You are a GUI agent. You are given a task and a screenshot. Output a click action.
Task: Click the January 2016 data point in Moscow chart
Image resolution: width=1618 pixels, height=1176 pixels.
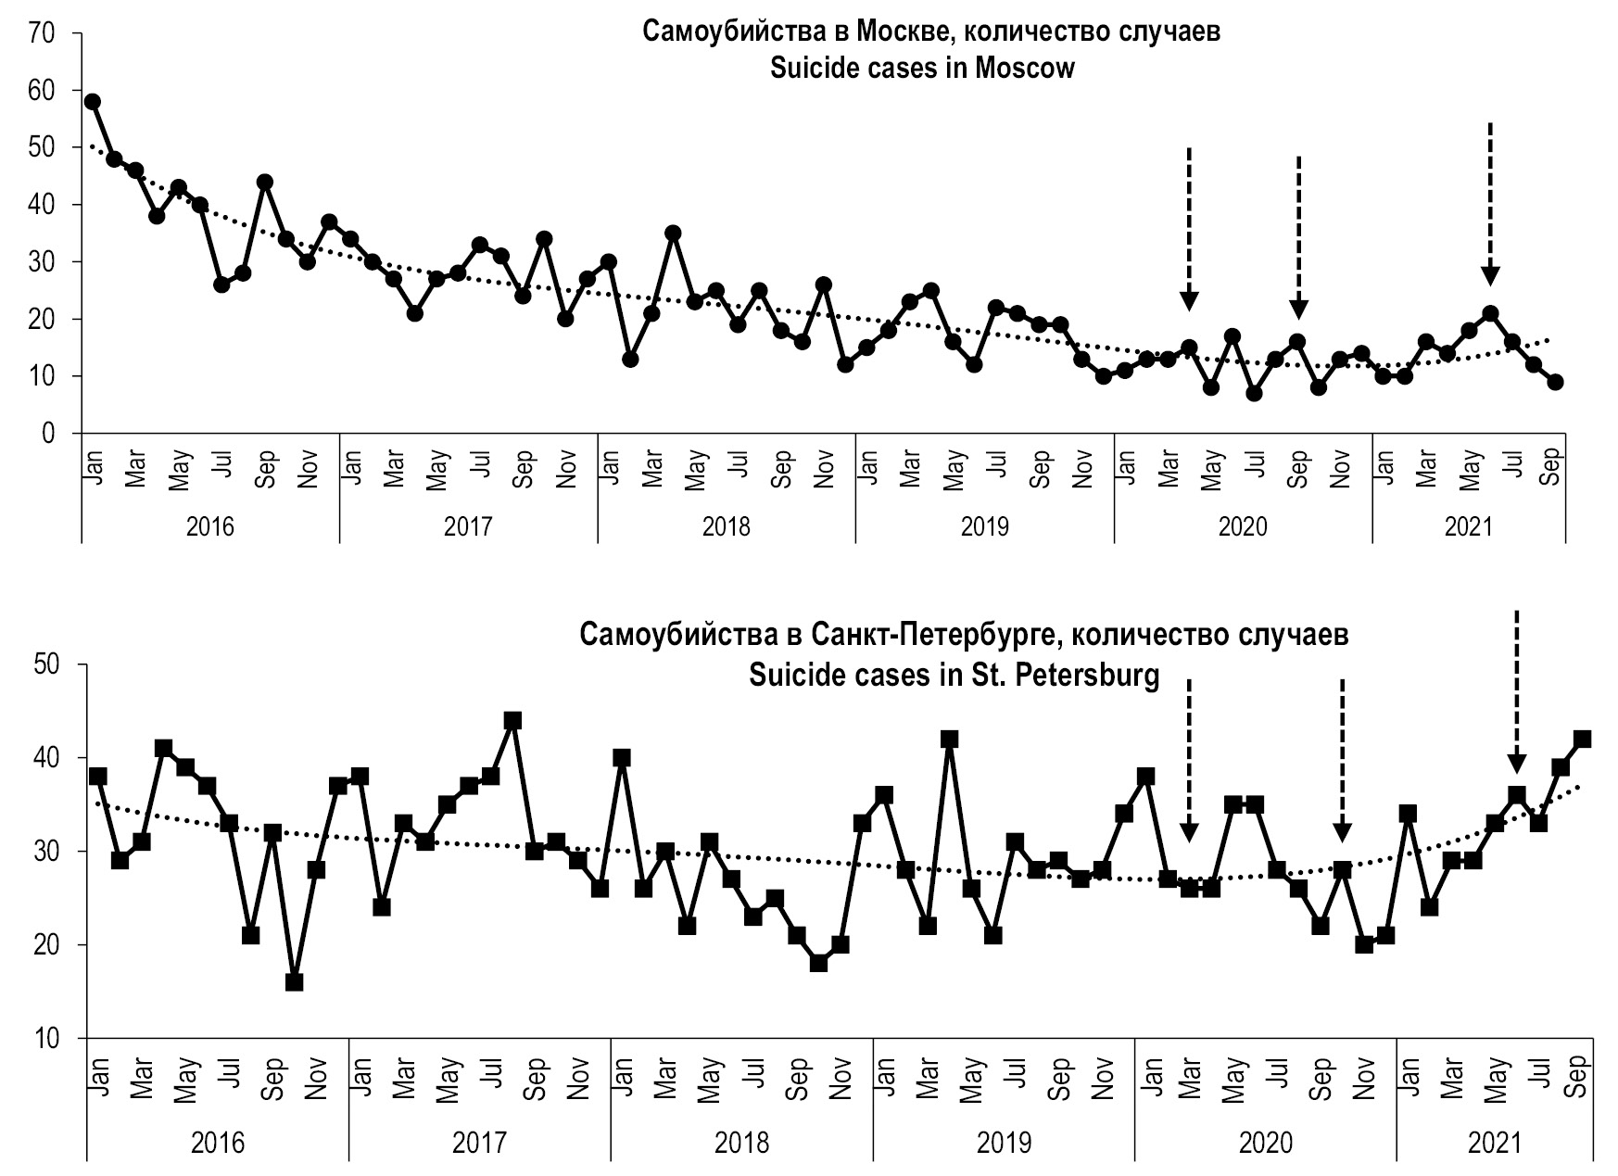92,102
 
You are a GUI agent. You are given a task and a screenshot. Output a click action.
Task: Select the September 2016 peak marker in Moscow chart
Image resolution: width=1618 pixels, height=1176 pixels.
265,182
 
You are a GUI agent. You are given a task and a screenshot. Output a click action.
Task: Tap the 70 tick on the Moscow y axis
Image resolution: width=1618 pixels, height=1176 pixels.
43,33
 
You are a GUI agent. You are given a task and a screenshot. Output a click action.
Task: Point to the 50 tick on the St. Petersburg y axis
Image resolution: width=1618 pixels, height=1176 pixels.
45,665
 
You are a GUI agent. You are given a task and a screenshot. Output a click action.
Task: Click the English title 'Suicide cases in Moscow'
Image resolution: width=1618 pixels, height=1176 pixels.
922,69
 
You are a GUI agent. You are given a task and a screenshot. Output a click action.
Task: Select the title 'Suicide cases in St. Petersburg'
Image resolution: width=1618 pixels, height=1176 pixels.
954,676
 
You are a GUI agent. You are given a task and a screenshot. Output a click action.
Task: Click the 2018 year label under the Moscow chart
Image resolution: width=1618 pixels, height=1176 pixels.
726,527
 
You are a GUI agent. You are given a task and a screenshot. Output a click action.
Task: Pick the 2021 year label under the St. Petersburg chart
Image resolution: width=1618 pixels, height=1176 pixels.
1495,1143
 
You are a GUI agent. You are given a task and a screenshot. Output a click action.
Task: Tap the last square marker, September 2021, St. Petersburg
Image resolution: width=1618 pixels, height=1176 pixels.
1583,740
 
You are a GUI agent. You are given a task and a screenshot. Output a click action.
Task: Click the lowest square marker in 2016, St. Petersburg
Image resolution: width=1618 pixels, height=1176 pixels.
295,982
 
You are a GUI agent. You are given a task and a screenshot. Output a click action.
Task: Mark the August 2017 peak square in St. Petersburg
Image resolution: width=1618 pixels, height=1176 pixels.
512,721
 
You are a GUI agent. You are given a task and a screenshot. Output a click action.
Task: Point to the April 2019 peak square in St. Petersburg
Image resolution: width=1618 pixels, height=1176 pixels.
949,740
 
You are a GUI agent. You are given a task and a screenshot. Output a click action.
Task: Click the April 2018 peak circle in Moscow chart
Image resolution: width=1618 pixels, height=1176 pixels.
674,233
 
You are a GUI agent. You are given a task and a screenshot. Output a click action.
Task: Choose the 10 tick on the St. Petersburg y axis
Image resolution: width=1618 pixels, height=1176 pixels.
45,1039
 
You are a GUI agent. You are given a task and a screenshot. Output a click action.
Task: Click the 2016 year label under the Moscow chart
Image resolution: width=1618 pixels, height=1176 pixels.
210,527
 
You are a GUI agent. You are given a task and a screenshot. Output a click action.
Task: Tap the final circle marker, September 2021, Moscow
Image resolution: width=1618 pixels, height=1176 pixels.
1555,382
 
